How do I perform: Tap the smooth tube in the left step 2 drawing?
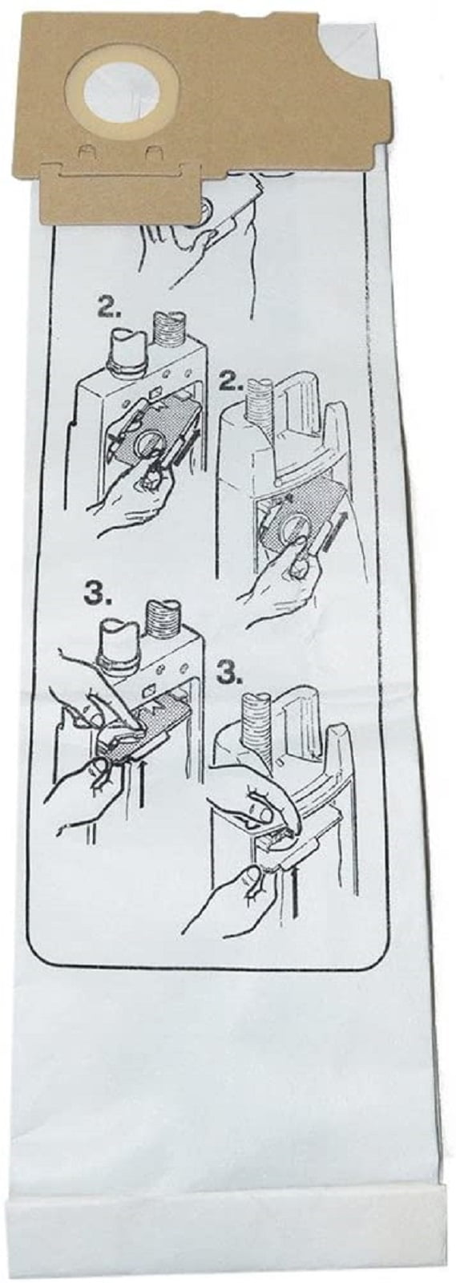(x=125, y=350)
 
